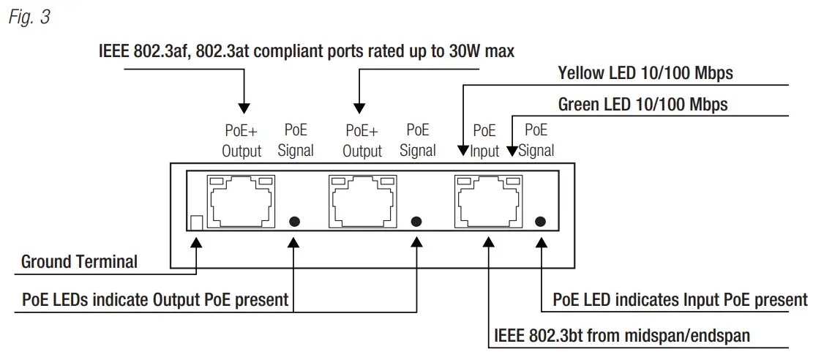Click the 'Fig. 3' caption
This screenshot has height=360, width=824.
coord(29,18)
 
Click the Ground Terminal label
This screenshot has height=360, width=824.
coord(79,262)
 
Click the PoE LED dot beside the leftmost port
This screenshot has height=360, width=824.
coord(295,221)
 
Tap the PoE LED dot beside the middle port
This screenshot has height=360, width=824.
coord(418,221)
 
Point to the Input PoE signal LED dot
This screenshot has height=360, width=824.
coord(541,221)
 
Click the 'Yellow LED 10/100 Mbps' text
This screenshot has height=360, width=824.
coord(645,73)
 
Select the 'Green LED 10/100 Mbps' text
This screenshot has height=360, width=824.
coord(643,105)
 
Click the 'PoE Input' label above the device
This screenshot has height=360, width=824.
coord(484,140)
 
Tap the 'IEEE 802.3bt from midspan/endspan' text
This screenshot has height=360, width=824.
coord(622,336)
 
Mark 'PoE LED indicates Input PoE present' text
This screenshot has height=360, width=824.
coord(680,299)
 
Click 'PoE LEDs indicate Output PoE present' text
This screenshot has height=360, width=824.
coord(154,299)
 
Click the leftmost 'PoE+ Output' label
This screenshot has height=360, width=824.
coord(241,140)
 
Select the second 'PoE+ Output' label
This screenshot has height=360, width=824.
coord(362,140)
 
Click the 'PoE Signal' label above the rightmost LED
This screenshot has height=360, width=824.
coord(536,140)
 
